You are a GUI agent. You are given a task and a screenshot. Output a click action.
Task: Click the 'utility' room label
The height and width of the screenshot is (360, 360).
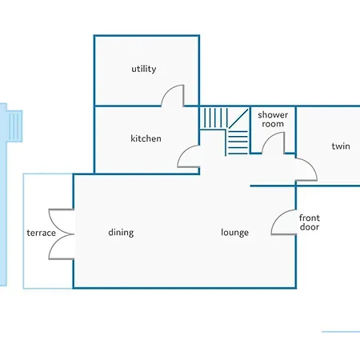click(x=144, y=69)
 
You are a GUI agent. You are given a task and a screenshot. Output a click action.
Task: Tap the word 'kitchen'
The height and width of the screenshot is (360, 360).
click(x=146, y=138)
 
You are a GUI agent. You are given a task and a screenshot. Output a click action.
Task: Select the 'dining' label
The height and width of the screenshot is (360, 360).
click(x=121, y=233)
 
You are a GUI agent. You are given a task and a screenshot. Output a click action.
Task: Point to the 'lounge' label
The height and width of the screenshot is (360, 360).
click(x=234, y=233)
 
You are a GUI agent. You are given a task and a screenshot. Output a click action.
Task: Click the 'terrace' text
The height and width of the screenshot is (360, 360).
click(x=42, y=233)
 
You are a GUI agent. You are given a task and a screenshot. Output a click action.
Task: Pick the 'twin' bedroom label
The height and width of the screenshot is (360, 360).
click(x=341, y=146)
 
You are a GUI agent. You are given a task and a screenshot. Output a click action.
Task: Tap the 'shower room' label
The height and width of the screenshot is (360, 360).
click(x=273, y=119)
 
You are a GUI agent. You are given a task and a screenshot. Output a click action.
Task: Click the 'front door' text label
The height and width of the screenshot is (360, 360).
click(x=310, y=222)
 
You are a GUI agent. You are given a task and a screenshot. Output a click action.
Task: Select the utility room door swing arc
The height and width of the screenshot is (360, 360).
click(x=169, y=90)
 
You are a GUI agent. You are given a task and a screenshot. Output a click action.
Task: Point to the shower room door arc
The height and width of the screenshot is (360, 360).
click(x=270, y=137)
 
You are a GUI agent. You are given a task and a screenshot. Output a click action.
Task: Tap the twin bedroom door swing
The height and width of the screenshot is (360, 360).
click(x=312, y=166)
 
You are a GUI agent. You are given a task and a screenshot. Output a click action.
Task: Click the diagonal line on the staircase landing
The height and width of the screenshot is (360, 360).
click(x=238, y=118)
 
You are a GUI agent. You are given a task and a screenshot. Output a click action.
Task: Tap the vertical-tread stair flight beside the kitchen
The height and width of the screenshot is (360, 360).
click(x=214, y=118)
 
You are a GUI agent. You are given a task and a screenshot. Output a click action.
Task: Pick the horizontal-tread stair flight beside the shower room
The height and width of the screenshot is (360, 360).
click(x=238, y=142)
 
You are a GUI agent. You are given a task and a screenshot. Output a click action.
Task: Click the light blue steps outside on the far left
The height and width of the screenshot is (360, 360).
click(x=14, y=126)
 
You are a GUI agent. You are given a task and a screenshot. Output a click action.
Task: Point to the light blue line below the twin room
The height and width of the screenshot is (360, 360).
click(x=341, y=332)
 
